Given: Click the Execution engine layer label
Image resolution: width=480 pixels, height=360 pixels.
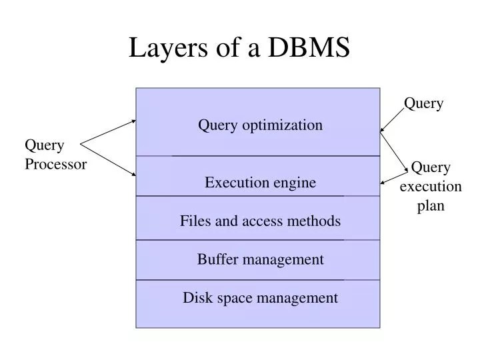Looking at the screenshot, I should coord(260,183).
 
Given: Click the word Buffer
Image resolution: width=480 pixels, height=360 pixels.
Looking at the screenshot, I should coord(216,259).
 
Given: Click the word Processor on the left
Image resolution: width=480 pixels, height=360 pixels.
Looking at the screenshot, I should coord(56,165).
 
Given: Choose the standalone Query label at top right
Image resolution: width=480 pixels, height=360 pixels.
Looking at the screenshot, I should coord(424,103).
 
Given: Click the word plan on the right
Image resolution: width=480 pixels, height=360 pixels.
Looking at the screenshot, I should coord(431,206).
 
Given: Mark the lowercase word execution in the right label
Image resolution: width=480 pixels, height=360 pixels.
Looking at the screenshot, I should coord(431,187).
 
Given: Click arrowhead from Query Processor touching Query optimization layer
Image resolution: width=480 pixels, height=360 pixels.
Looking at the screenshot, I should coord(133,121).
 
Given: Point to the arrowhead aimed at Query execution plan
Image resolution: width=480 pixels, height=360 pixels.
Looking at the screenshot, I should coord(406,171).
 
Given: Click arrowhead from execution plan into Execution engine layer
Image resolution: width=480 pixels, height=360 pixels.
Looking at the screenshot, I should coord(383,182).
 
